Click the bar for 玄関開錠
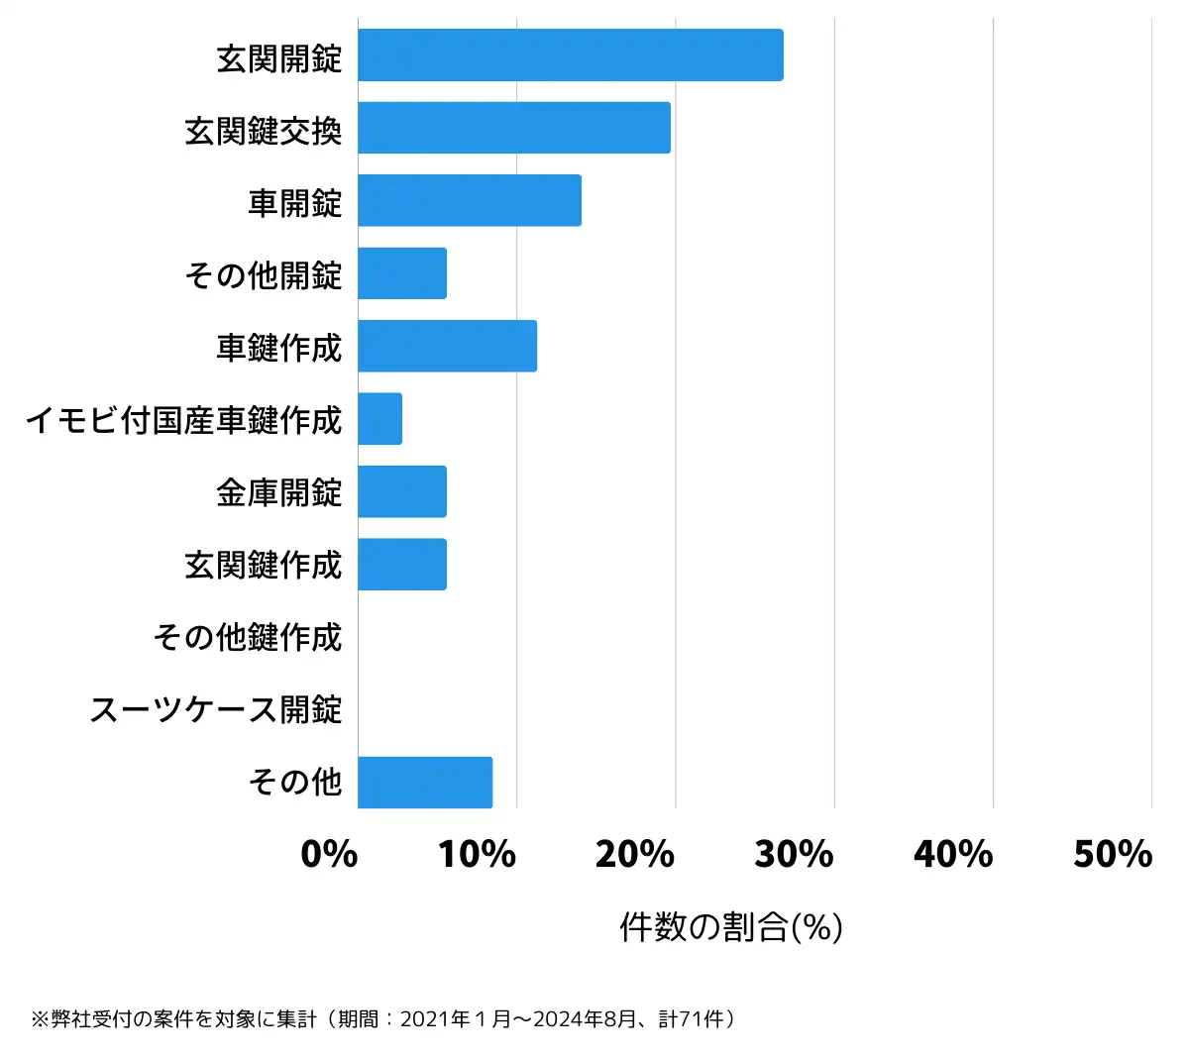[x=570, y=55]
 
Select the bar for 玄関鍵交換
[x=513, y=128]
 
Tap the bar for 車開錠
[x=469, y=200]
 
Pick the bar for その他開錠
[x=401, y=273]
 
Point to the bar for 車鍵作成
[x=447, y=346]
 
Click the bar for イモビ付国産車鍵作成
[x=379, y=419]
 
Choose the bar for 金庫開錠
[x=401, y=491]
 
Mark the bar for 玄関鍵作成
[x=401, y=565]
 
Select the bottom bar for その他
[x=424, y=783]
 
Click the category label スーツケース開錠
[x=216, y=710]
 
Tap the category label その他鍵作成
[x=248, y=637]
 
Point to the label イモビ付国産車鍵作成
[x=184, y=420]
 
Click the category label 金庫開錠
[x=279, y=492]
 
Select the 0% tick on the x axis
[x=329, y=854]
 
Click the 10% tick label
[x=477, y=854]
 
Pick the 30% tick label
[x=794, y=854]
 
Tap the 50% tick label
[x=1112, y=854]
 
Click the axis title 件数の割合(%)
[x=731, y=927]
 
